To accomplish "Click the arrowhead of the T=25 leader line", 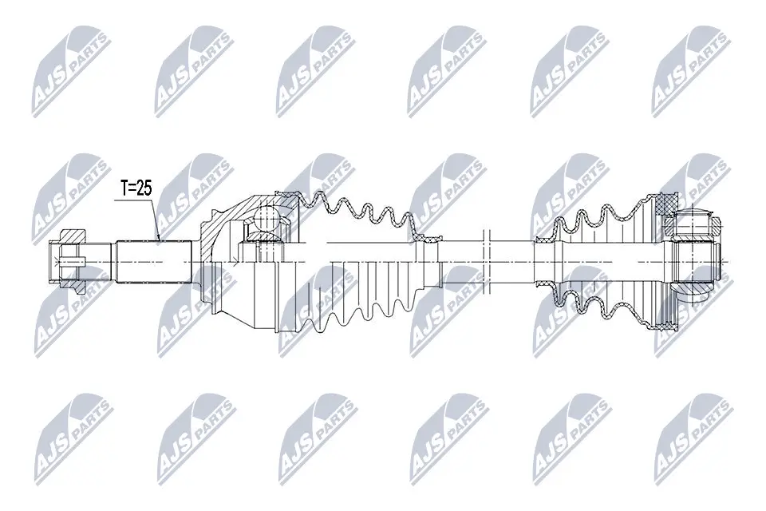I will [159, 238].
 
